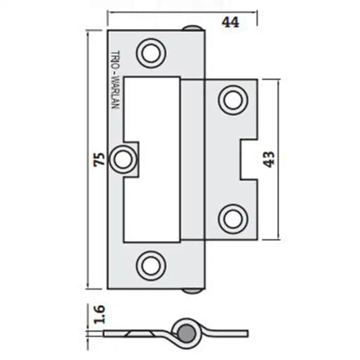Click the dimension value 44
pos(229,22)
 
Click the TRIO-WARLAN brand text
pos(114,81)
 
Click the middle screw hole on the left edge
pos(122,159)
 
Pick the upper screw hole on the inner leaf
pos(231,99)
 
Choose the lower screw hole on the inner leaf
pos(231,216)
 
